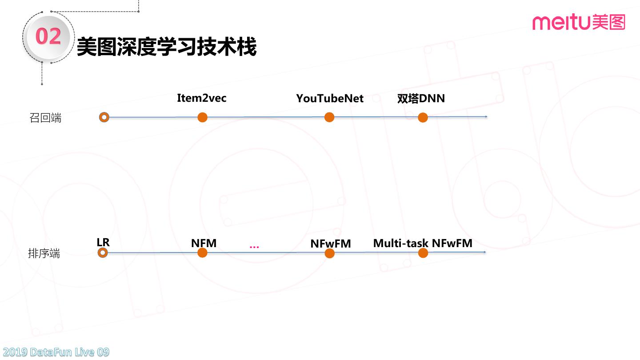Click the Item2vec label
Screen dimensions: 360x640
[x=201, y=98]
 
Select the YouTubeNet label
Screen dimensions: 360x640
[x=330, y=99]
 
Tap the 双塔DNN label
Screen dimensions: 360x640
[x=421, y=99]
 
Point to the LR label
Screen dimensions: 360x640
[x=103, y=242]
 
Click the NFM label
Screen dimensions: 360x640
[x=204, y=244]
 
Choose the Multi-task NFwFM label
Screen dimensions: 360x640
[x=423, y=244]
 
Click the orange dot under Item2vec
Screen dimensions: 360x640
[x=202, y=117]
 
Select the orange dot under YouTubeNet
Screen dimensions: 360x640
[x=329, y=117]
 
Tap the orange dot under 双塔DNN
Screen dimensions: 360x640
[x=423, y=117]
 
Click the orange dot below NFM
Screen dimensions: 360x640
[x=202, y=253]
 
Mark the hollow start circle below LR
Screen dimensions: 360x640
[x=103, y=253]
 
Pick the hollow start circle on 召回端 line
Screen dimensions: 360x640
[x=104, y=117]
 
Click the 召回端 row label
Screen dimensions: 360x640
[x=45, y=118]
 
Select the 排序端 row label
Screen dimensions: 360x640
[x=44, y=254]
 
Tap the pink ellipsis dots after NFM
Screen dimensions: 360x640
[x=254, y=247]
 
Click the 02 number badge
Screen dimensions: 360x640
[x=48, y=36]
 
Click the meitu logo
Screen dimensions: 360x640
[x=578, y=22]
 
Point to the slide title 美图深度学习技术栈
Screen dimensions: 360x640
[x=167, y=47]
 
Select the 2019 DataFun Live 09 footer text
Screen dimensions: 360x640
[x=55, y=352]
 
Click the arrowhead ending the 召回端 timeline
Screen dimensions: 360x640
[x=486, y=117]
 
